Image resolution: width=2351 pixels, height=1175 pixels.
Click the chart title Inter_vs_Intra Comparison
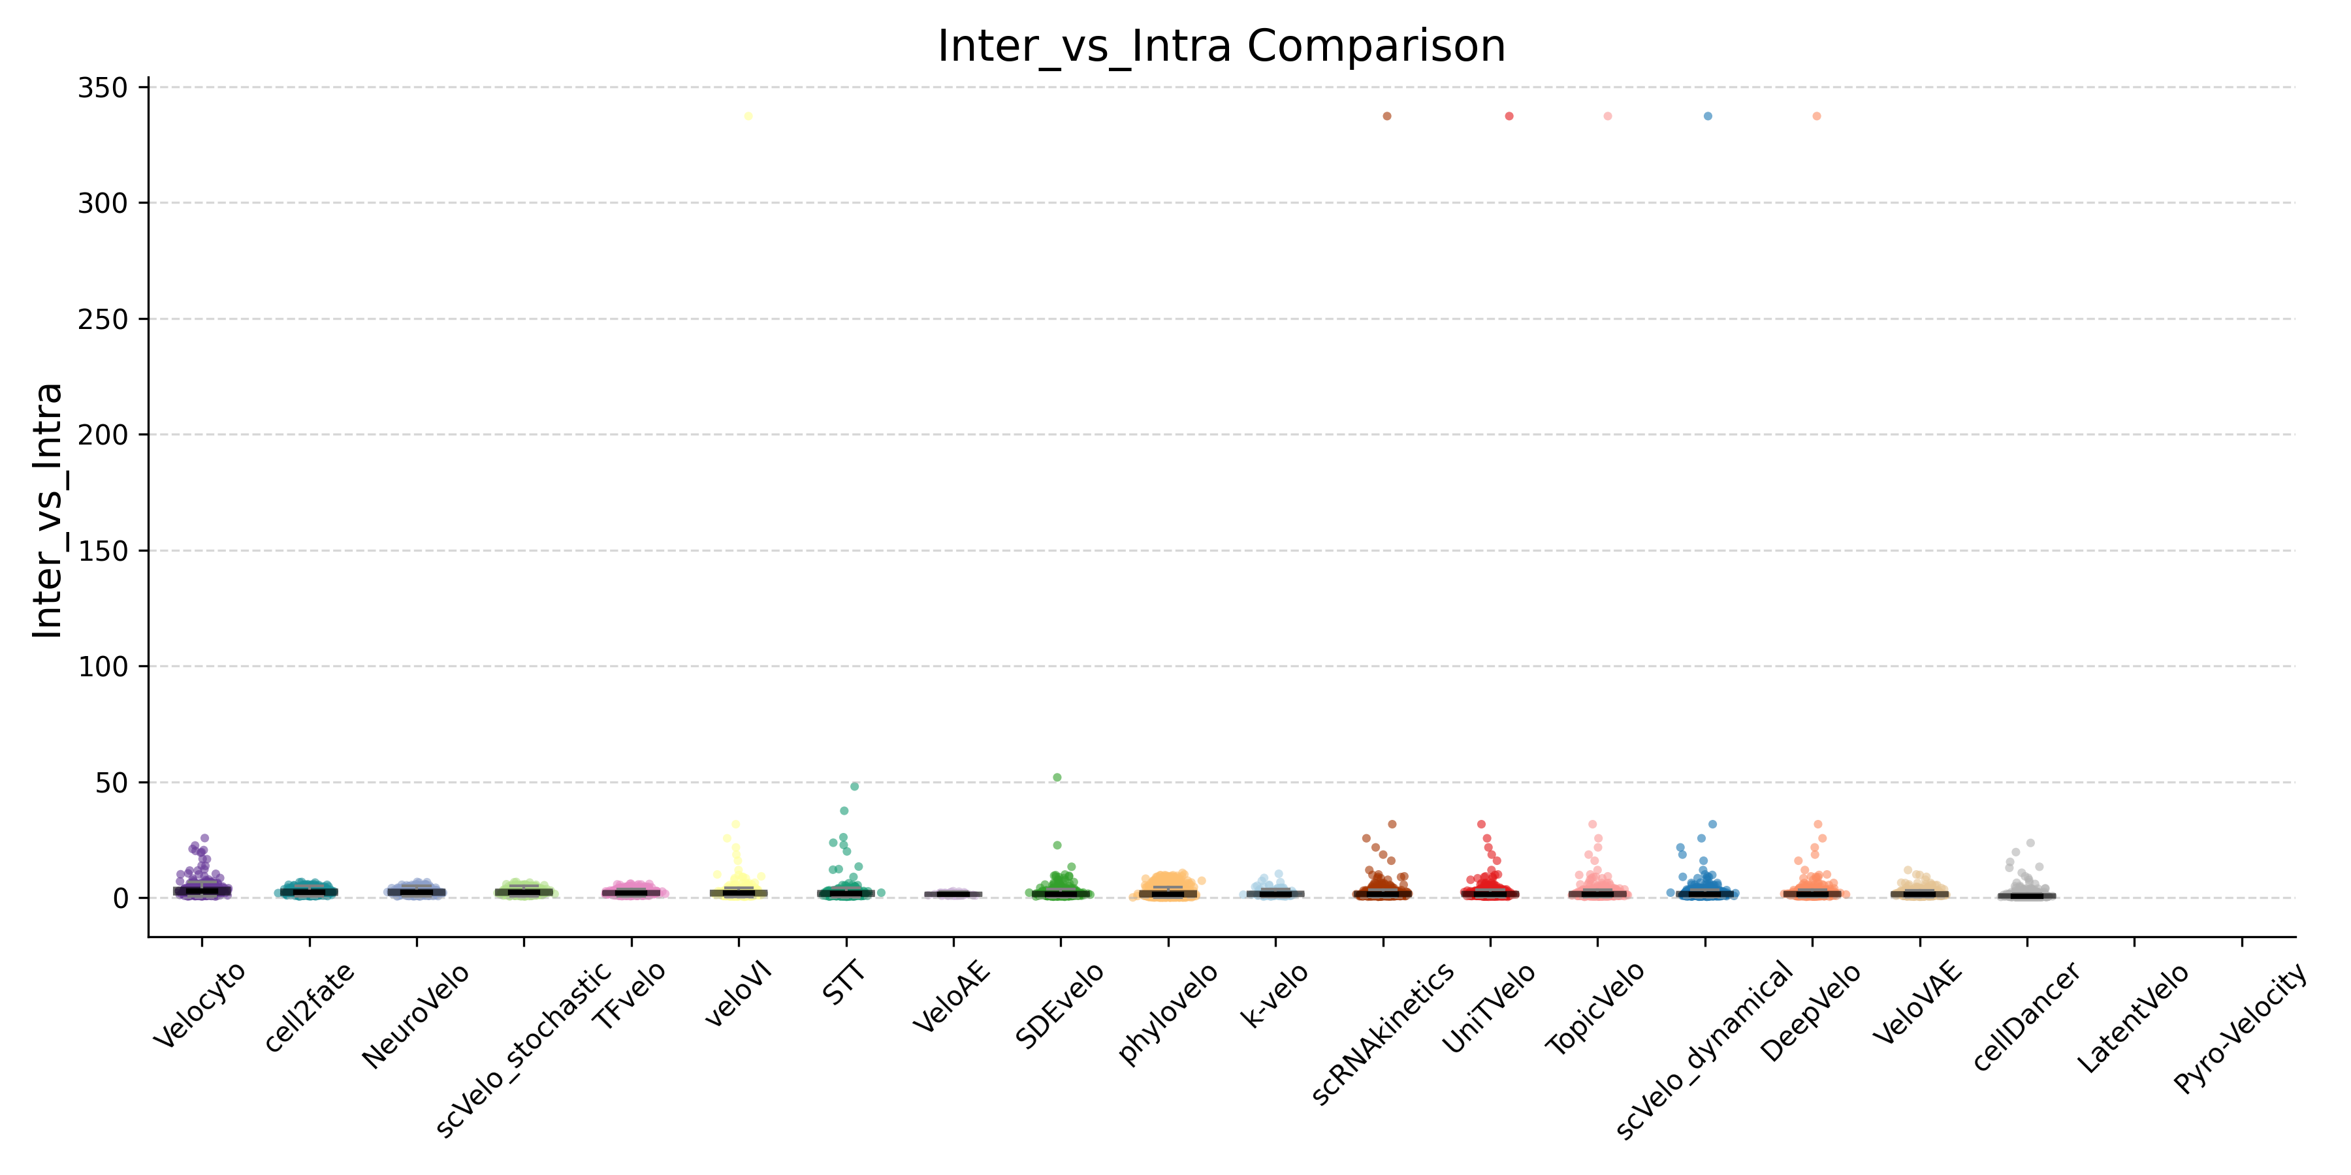(x=1221, y=46)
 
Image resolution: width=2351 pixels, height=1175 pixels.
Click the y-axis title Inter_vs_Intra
(x=48, y=511)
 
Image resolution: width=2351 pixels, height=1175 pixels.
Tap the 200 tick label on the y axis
(x=103, y=435)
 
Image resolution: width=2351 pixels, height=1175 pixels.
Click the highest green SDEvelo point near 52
(x=1057, y=778)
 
